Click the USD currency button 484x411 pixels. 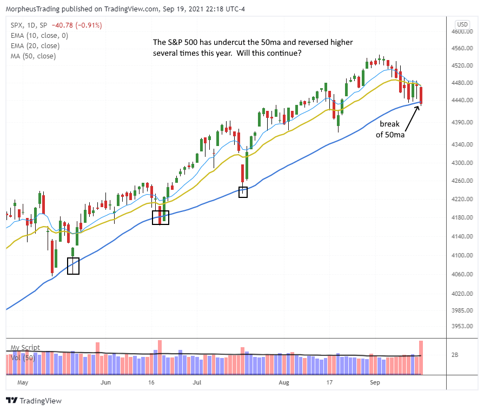462,24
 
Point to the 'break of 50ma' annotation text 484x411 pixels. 389,129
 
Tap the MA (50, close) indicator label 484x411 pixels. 32,56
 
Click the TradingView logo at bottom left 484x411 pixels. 34,401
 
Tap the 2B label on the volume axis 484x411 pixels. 454,355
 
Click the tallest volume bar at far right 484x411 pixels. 420,357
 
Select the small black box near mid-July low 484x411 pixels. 243,191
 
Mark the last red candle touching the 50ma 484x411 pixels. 420,95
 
